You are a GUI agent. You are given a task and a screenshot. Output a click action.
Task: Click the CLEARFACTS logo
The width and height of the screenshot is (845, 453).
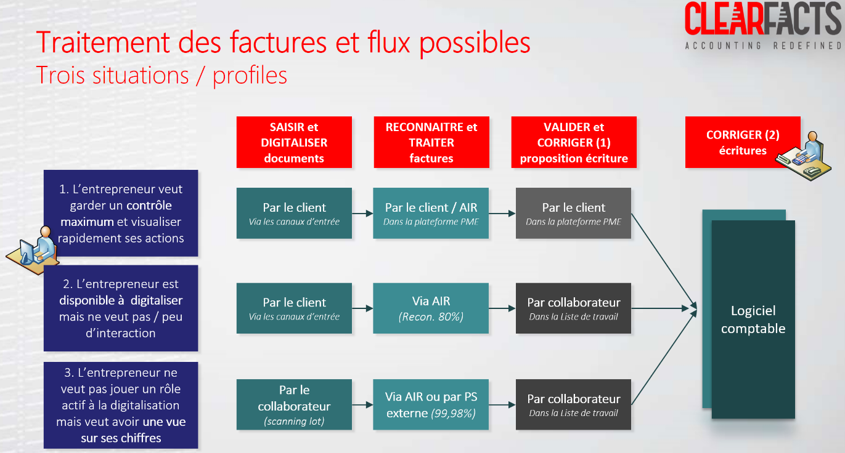pos(764,26)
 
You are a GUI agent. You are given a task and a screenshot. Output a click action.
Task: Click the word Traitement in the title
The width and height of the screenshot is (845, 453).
pos(103,42)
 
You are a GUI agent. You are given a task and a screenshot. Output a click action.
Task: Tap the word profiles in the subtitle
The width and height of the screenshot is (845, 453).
pos(250,76)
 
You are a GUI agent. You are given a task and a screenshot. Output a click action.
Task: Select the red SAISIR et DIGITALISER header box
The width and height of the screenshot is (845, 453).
pos(294,142)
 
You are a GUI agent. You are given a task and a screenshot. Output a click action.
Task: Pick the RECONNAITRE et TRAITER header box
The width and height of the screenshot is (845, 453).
pos(431,142)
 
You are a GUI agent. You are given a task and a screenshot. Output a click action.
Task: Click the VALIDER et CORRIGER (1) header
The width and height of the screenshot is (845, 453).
pos(574,142)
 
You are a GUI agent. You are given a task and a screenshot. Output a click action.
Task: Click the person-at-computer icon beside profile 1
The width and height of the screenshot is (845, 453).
pos(33,250)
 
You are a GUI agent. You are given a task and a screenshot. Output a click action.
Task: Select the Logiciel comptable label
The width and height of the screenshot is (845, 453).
pos(753,319)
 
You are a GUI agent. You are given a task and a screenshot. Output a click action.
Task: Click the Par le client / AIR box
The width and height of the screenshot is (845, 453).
pos(431,213)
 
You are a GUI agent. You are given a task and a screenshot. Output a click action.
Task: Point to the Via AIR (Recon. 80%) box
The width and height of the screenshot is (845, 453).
pos(431,308)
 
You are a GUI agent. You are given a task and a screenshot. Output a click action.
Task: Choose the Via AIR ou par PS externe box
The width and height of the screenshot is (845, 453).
pos(431,404)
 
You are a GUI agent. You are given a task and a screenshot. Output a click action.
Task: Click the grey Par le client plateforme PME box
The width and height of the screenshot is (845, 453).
pos(573,213)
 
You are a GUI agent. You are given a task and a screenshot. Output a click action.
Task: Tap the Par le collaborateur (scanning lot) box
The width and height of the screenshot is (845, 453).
pos(294,404)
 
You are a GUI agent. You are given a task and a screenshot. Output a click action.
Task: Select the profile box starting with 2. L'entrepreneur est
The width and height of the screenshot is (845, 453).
pos(121,308)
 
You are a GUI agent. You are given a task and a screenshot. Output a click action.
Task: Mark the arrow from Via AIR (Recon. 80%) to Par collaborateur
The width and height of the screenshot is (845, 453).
pos(502,308)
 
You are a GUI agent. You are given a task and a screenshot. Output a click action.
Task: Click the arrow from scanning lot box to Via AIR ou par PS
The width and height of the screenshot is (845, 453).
pos(362,405)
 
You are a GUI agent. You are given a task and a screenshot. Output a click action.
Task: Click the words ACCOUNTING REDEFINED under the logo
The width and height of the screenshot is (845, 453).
pos(764,46)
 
